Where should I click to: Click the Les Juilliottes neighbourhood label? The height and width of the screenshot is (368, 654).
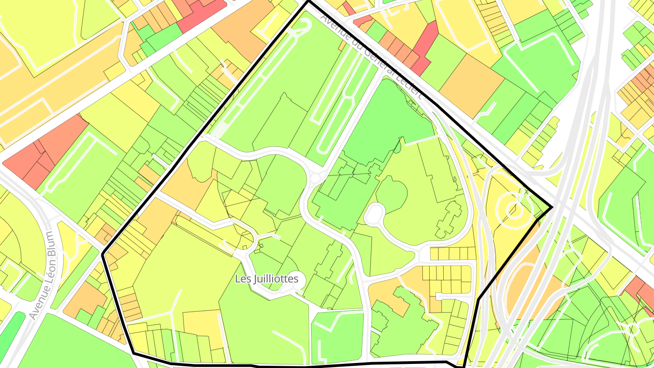coord(267,278)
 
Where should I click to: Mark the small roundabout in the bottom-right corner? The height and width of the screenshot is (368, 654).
coord(633,328)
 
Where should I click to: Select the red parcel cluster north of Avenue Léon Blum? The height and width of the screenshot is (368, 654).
coord(45,152)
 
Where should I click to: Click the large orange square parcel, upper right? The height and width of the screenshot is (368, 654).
coord(471,85)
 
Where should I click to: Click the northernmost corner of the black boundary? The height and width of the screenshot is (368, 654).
coord(308,2)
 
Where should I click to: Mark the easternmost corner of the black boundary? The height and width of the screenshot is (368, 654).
coord(552,208)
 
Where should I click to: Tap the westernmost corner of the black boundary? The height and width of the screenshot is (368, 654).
coord(104,254)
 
